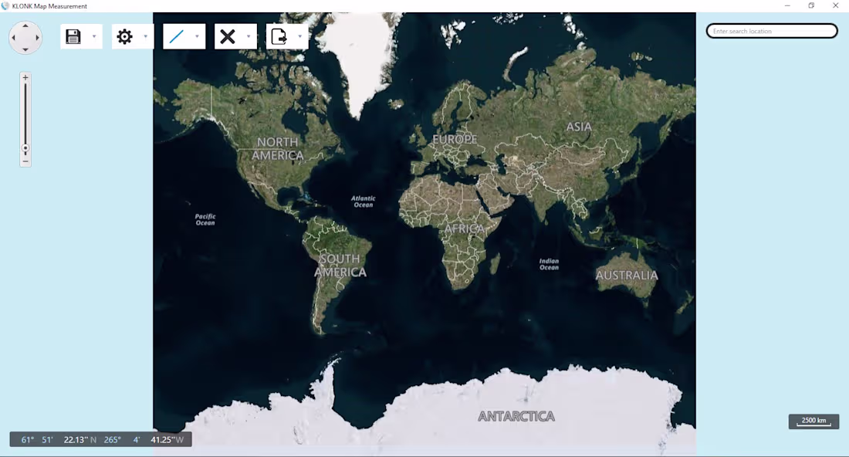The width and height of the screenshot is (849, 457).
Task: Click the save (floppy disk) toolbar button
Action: (73, 36)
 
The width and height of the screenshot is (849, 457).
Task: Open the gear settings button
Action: (124, 36)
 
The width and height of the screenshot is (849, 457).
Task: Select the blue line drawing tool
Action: (177, 36)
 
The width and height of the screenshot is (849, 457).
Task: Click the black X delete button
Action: (228, 36)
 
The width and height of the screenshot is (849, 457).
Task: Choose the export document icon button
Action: (279, 36)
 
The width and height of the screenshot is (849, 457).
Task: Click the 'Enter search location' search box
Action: (772, 31)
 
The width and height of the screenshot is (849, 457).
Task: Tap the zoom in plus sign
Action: (25, 78)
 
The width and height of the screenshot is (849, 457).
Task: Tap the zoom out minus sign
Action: (25, 161)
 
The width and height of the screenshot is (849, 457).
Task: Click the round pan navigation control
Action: (25, 37)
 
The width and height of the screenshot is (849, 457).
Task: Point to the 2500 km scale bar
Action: (813, 421)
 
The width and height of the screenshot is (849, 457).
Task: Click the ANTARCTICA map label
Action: (516, 416)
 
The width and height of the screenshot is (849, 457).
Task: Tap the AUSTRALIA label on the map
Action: (627, 275)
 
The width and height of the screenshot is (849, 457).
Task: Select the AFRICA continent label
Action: (465, 228)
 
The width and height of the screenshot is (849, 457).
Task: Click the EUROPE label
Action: (455, 140)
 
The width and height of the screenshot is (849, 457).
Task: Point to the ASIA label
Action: (579, 127)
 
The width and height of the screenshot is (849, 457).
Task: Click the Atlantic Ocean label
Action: (363, 201)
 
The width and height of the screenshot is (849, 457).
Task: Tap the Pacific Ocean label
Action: (205, 219)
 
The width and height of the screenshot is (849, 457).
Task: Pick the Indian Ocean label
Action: (549, 264)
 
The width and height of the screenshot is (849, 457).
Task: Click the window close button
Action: (835, 5)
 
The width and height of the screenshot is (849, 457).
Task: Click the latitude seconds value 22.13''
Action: (76, 440)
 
